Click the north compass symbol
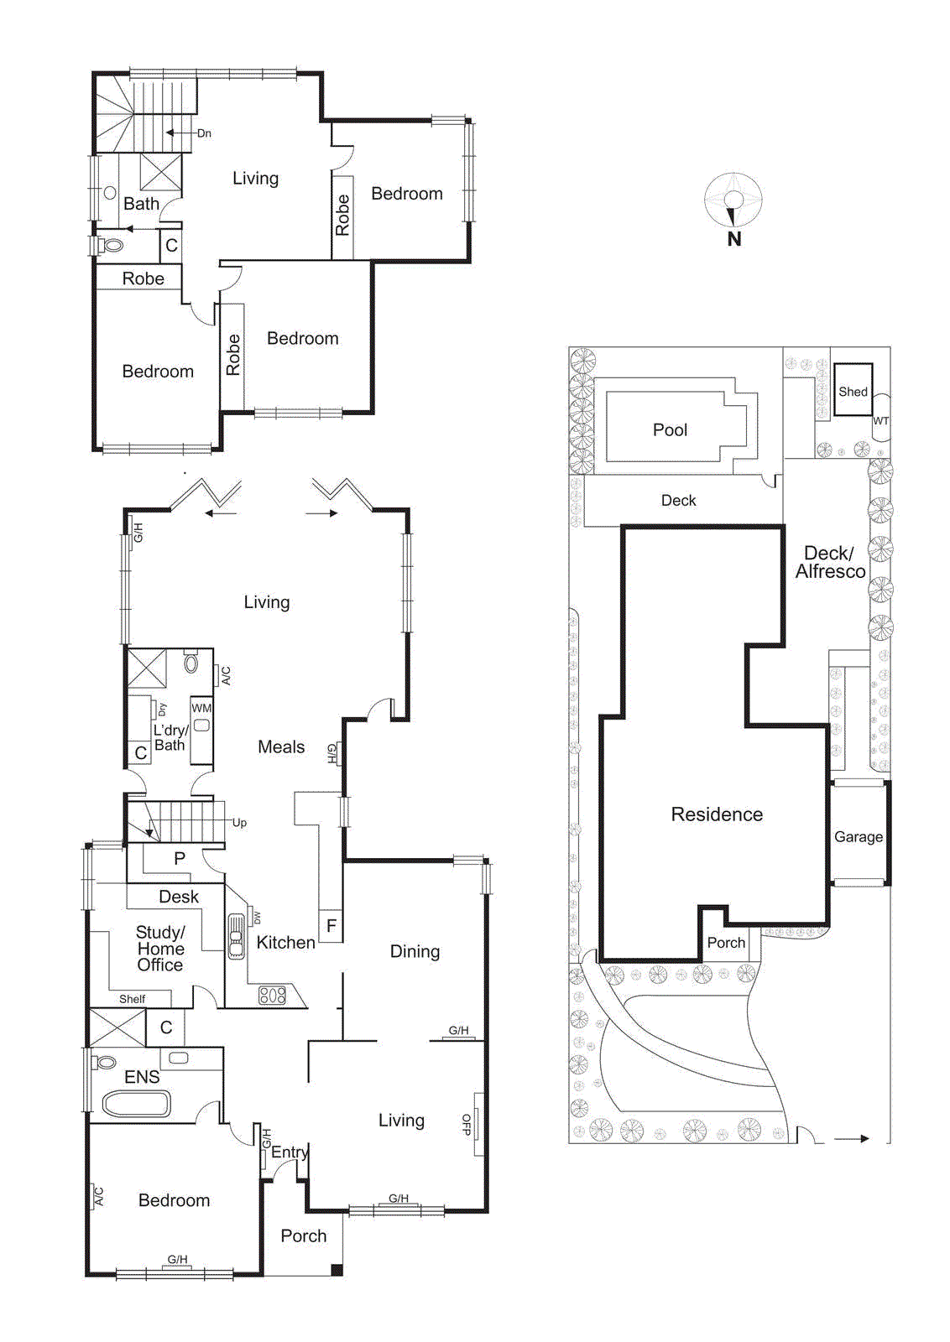733,200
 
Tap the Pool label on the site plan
670,430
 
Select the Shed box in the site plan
853,390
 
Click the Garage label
858,836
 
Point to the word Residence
717,814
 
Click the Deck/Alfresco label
830,562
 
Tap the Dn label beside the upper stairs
204,133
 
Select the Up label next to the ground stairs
239,823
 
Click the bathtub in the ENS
137,1104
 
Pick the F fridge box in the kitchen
331,926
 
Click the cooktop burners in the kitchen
272,996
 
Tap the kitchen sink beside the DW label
237,930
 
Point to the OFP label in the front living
467,1125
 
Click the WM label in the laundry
201,708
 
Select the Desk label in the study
179,897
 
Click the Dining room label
415,951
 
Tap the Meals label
281,747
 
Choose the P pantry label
180,858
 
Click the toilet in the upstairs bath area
112,246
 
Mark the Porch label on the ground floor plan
303,1235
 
